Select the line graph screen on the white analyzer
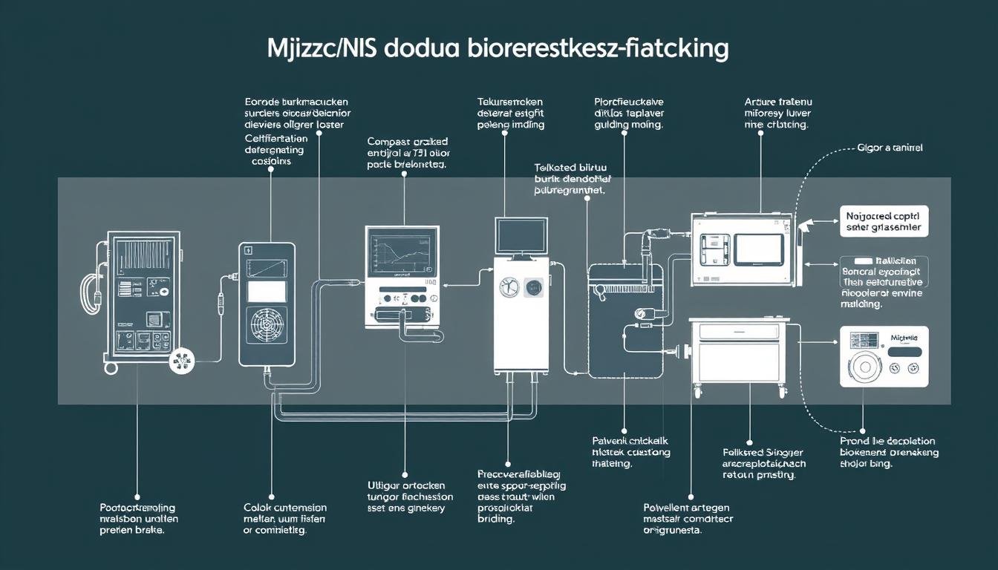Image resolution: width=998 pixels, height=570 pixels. tap(402, 257)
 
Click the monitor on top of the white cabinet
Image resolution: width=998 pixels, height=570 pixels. tap(521, 235)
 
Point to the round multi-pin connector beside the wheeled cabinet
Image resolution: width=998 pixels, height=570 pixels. tap(181, 362)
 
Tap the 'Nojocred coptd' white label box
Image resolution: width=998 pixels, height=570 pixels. tap(884, 220)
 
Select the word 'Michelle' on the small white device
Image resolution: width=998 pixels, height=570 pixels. tap(903, 337)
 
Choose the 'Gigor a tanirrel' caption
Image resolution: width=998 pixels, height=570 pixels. tap(890, 148)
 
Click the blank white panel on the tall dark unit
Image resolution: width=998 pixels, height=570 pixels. tap(267, 290)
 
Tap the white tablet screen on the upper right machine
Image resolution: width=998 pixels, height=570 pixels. tap(758, 249)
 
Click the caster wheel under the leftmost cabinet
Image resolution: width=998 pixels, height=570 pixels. tap(111, 369)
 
